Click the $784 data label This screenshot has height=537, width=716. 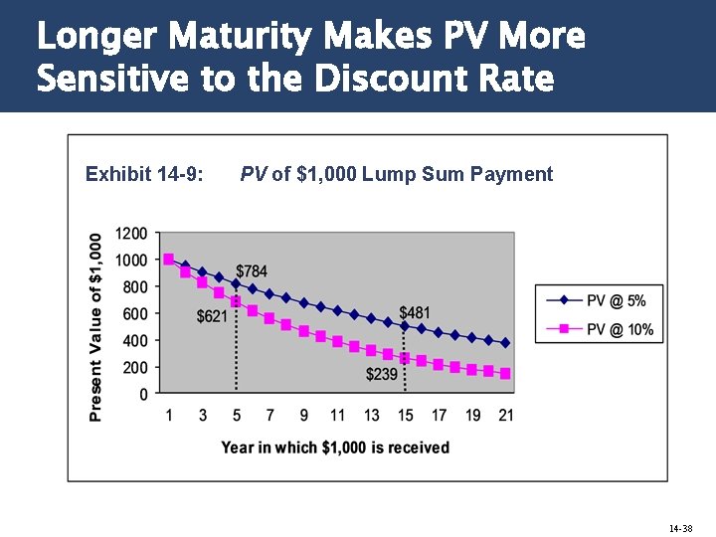tap(252, 271)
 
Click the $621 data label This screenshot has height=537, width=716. tap(212, 316)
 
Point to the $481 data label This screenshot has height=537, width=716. tap(415, 312)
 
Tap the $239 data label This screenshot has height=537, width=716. tap(381, 374)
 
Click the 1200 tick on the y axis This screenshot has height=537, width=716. tap(131, 234)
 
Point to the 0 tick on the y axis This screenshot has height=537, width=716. tap(143, 394)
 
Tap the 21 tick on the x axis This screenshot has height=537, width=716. tap(505, 415)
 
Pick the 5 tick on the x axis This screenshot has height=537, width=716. tap(236, 415)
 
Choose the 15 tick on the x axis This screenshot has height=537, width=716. tap(404, 415)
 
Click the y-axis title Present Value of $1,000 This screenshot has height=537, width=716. tap(95, 327)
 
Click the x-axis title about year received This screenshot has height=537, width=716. tap(335, 447)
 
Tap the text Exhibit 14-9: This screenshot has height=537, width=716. tap(145, 175)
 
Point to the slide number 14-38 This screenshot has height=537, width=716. tap(680, 528)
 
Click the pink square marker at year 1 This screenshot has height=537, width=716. tap(168, 259)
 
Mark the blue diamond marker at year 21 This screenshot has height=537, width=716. tap(505, 342)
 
